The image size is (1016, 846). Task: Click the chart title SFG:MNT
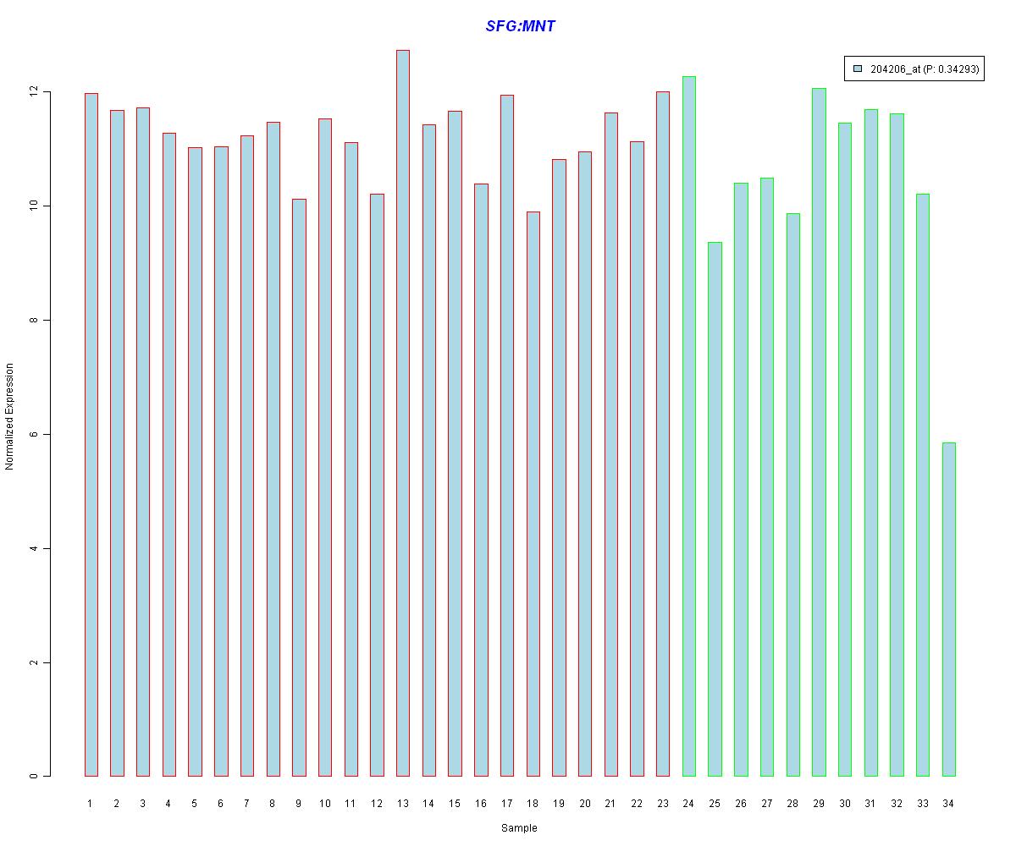click(520, 26)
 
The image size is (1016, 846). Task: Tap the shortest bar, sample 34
click(948, 609)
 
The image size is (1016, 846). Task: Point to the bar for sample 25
click(715, 508)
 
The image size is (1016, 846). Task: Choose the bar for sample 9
click(299, 487)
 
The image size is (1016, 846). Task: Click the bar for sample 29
click(819, 431)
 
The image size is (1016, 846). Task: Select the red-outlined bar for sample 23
click(662, 433)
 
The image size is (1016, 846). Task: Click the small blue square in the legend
click(858, 69)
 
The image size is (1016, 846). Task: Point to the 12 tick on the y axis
click(35, 91)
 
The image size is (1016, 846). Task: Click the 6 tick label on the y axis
click(35, 434)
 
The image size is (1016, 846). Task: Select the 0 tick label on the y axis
click(35, 776)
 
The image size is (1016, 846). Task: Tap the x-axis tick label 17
click(506, 804)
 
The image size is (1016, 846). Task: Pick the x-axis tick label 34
click(948, 804)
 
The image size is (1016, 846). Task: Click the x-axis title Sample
click(519, 828)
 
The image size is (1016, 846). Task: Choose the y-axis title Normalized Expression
click(9, 416)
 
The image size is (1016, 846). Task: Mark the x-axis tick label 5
click(195, 804)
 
